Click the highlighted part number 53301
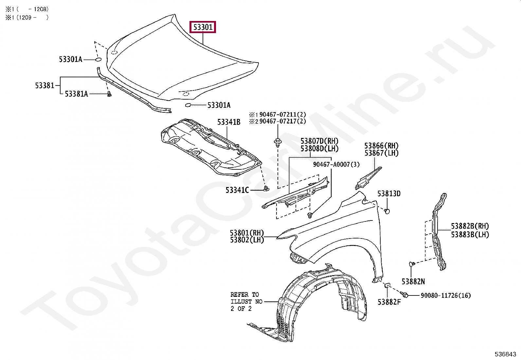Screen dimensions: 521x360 pyautogui.click(x=203, y=27)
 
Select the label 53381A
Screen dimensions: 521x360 pyautogui.click(x=76, y=94)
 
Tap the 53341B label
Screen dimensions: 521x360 pyautogui.click(x=229, y=122)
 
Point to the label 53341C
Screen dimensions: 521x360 pyautogui.click(x=237, y=190)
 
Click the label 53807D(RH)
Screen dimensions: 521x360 pyautogui.click(x=319, y=141)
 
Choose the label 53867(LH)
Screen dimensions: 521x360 pyautogui.click(x=381, y=153)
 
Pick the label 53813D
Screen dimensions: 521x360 pyautogui.click(x=389, y=194)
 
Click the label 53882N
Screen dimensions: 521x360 pyautogui.click(x=413, y=281)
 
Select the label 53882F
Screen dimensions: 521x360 pyautogui.click(x=389, y=302)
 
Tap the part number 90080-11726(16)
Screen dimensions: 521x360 pyautogui.click(x=445, y=295)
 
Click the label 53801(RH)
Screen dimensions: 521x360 pyautogui.click(x=247, y=233)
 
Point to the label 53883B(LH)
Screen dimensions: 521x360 pyautogui.click(x=470, y=235)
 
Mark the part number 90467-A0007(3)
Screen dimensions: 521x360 pyautogui.click(x=336, y=164)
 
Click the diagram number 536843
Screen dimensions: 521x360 pyautogui.click(x=505, y=354)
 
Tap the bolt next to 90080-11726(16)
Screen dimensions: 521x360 pyautogui.click(x=405, y=295)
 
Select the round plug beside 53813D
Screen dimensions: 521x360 pyautogui.click(x=387, y=211)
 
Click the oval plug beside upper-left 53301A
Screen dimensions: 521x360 pyautogui.click(x=98, y=59)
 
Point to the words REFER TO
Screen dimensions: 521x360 pyautogui.click(x=244, y=294)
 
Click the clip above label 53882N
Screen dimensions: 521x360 pyautogui.click(x=412, y=264)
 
